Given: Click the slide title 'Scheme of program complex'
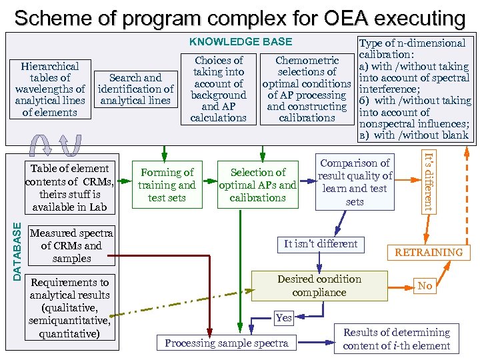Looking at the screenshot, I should (240, 17).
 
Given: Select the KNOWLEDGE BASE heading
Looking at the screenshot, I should (241, 41).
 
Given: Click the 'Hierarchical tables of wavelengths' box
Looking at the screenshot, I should (50, 89).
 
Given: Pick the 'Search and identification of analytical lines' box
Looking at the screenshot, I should (135, 89).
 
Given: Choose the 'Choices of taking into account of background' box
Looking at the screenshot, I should (218, 89).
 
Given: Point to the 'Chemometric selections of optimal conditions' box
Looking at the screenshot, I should (307, 89).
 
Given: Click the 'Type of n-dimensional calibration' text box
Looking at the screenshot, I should (415, 89).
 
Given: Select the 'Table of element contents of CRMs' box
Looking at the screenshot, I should (69, 188).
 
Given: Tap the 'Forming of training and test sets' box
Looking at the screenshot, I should (167, 185).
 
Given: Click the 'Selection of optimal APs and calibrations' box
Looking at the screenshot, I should (257, 185).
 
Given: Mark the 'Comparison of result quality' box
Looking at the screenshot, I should (355, 182).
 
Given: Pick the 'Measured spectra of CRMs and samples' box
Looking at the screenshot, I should (71, 245).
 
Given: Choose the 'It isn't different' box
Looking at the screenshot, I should (321, 244).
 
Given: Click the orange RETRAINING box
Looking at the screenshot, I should (429, 253).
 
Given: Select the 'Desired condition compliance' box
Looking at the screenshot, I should (319, 286).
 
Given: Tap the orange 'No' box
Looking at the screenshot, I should (425, 286).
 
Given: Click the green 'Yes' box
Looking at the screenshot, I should (284, 318).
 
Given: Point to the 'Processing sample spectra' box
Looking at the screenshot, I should (227, 343).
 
